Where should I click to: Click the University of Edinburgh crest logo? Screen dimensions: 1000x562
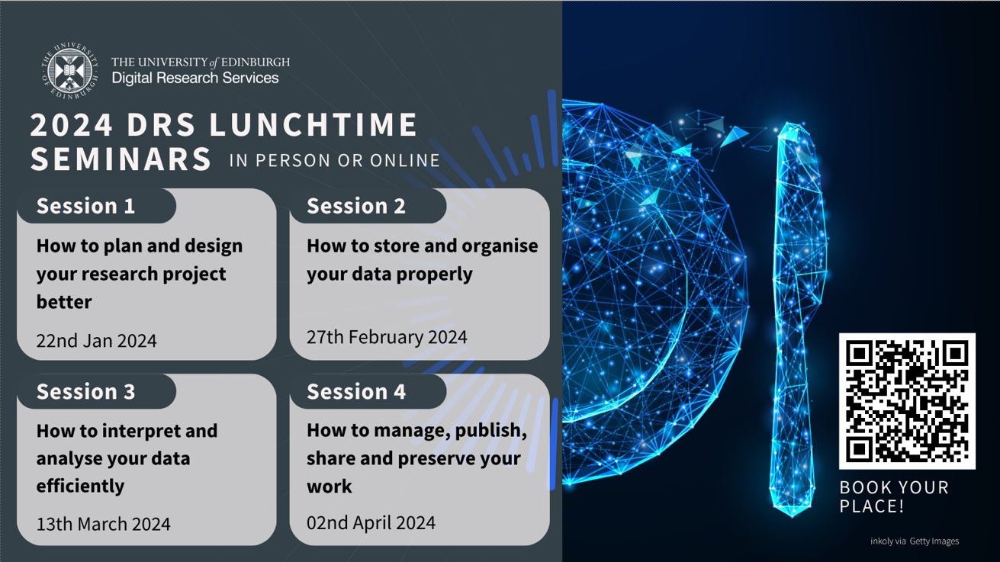pos(69,71)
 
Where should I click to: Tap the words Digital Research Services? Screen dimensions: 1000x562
pos(195,78)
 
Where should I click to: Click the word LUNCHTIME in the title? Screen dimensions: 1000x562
pos(313,124)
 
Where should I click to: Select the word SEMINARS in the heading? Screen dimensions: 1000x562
pos(121,159)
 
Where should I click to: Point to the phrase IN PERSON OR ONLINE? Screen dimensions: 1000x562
pos(334,160)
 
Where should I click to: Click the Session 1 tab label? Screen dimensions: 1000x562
pos(85,206)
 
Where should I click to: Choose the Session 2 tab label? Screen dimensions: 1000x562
pos(355,206)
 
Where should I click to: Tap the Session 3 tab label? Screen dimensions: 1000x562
pos(85,391)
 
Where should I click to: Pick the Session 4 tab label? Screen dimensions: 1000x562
pos(355,391)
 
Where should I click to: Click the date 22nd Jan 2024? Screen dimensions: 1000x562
pos(96,341)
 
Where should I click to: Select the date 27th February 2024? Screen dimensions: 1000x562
pos(387,337)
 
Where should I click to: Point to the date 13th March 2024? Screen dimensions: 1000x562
pos(103,524)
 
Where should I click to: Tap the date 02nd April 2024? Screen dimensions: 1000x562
pos(371,522)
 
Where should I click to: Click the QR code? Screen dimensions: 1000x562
pos(907,401)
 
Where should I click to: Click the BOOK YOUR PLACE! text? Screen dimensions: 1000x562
pos(894,497)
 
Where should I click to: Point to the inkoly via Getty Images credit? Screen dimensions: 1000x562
pos(915,541)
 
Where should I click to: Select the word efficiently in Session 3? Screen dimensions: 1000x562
pos(80,486)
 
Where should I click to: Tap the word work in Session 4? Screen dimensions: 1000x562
pos(329,486)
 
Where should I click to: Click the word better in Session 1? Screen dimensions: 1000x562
pos(64,302)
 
